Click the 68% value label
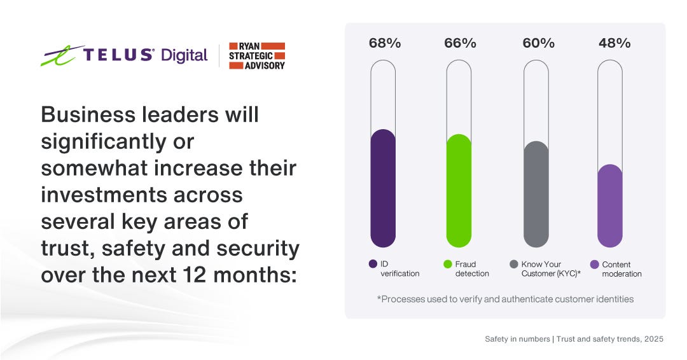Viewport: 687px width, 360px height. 385,43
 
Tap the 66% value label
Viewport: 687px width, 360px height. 460,43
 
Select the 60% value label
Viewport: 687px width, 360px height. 538,43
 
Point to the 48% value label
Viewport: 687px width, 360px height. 614,43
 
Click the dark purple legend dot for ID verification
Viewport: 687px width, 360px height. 373,264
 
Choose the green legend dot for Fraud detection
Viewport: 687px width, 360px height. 448,264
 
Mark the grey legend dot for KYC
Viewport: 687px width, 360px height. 514,264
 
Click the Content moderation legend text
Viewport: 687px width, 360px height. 621,269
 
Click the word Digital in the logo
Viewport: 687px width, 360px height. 184,55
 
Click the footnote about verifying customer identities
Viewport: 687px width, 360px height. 505,298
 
